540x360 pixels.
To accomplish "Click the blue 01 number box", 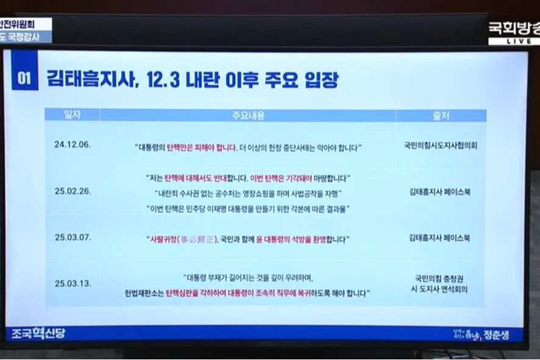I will (x=24, y=79).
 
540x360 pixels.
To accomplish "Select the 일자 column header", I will (x=72, y=115).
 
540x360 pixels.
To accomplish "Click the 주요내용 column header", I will (x=247, y=115).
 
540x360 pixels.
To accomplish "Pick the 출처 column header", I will (x=440, y=115).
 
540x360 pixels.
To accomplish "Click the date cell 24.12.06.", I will (x=72, y=145).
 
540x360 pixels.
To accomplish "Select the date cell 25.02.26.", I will (x=72, y=191).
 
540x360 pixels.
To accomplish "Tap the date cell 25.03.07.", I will (x=72, y=238).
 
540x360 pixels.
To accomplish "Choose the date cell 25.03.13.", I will (x=72, y=283).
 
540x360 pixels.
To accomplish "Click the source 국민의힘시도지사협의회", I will (x=440, y=146).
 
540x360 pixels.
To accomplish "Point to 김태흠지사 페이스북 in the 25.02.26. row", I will (x=440, y=192).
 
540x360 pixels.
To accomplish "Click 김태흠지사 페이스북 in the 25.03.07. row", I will (x=440, y=238).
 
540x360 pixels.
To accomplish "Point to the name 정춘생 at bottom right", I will (x=496, y=334).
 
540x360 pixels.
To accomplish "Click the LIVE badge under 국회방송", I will (x=513, y=41).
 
